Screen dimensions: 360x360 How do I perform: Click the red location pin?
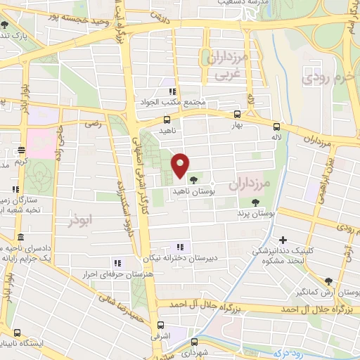tap(180, 165)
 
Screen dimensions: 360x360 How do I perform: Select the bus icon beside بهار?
tap(237, 113)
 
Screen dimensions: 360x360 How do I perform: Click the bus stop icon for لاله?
tap(276, 127)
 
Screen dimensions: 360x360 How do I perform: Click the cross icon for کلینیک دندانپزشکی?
tap(283, 240)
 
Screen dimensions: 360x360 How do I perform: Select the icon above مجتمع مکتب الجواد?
tap(172, 91)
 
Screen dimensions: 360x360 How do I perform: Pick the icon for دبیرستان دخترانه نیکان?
tap(180, 247)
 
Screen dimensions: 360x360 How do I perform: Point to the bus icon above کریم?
tap(21, 150)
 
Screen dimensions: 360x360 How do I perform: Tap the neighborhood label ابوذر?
tap(81, 220)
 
